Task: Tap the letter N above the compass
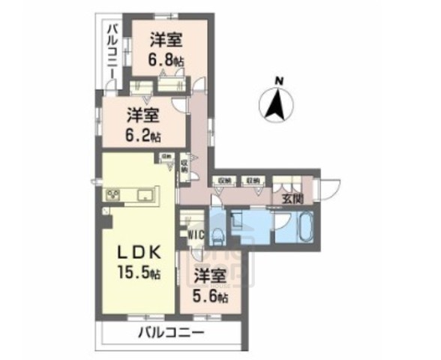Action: (x=277, y=80)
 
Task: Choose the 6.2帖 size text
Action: (x=143, y=136)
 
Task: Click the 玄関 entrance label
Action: (x=292, y=199)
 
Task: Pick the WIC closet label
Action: (x=197, y=233)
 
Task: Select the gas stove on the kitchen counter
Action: (x=117, y=196)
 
